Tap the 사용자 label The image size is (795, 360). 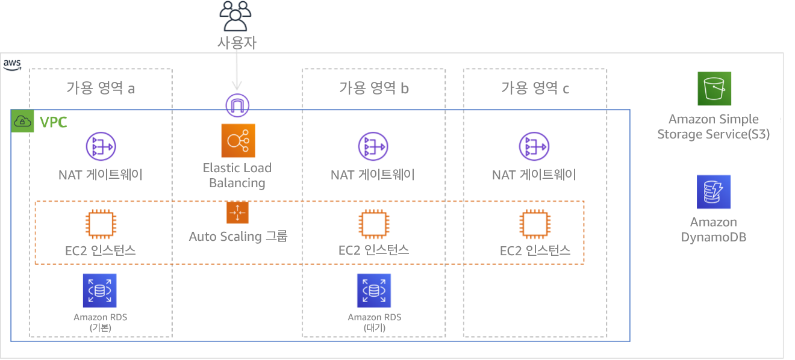coord(239,43)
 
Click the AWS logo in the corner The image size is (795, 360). coord(12,64)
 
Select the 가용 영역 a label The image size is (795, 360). coord(100,88)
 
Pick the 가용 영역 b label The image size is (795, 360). coord(375,88)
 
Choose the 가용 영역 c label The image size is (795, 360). coord(536,89)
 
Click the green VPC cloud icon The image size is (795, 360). coord(23,122)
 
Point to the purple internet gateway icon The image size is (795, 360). coord(237,105)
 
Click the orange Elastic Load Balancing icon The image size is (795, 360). coord(238,141)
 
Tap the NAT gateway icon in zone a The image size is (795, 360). coord(101,147)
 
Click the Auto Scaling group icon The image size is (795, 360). coord(237,212)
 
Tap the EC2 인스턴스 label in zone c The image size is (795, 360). coord(535,250)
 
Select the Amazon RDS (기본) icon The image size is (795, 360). coord(99,290)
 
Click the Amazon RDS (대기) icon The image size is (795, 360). coord(373,290)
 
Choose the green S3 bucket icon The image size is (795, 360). coord(714,89)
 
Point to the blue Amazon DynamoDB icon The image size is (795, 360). coord(714,192)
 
